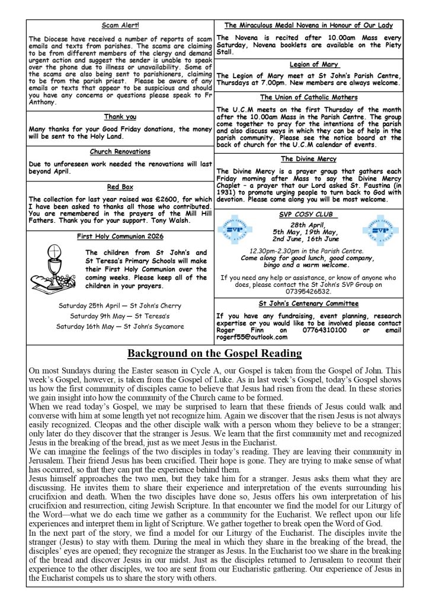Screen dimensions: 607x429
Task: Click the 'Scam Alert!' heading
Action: (120, 26)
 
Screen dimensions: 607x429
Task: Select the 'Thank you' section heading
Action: (120, 117)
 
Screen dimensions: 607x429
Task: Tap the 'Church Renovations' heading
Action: (120, 152)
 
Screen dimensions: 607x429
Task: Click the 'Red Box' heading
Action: (120, 187)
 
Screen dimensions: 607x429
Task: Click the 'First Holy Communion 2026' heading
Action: (120, 237)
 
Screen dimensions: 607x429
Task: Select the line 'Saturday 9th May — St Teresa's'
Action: (120, 315)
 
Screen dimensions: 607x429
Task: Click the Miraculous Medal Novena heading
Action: (308, 25)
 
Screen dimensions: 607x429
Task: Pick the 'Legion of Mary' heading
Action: (308, 64)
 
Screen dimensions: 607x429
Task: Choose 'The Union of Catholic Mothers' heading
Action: (308, 97)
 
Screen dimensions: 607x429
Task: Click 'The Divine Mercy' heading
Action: (308, 159)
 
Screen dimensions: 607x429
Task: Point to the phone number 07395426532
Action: (308, 292)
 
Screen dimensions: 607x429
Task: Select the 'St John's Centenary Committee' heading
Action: (308, 303)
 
